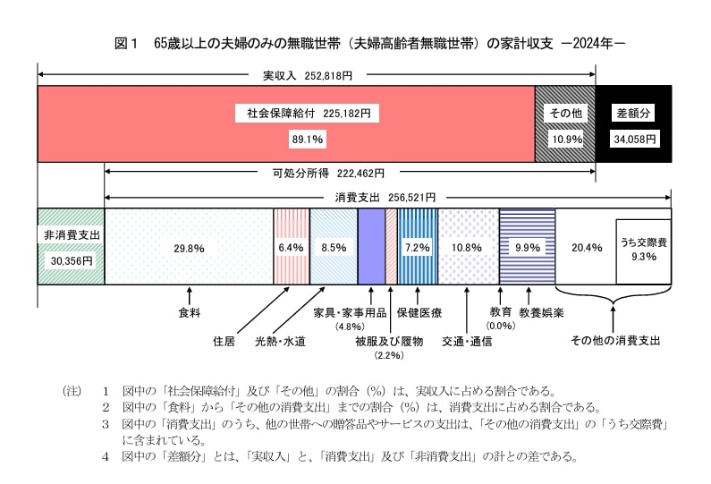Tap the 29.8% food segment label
click(189, 247)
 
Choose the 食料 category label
click(189, 313)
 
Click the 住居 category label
click(224, 341)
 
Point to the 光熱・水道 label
click(281, 341)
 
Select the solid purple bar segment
click(371, 246)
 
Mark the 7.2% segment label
click(418, 247)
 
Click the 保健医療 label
click(419, 313)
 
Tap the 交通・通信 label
click(467, 341)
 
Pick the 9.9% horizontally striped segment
click(527, 247)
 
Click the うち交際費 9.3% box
click(643, 250)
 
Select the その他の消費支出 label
click(614, 341)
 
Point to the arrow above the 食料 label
click(189, 295)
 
